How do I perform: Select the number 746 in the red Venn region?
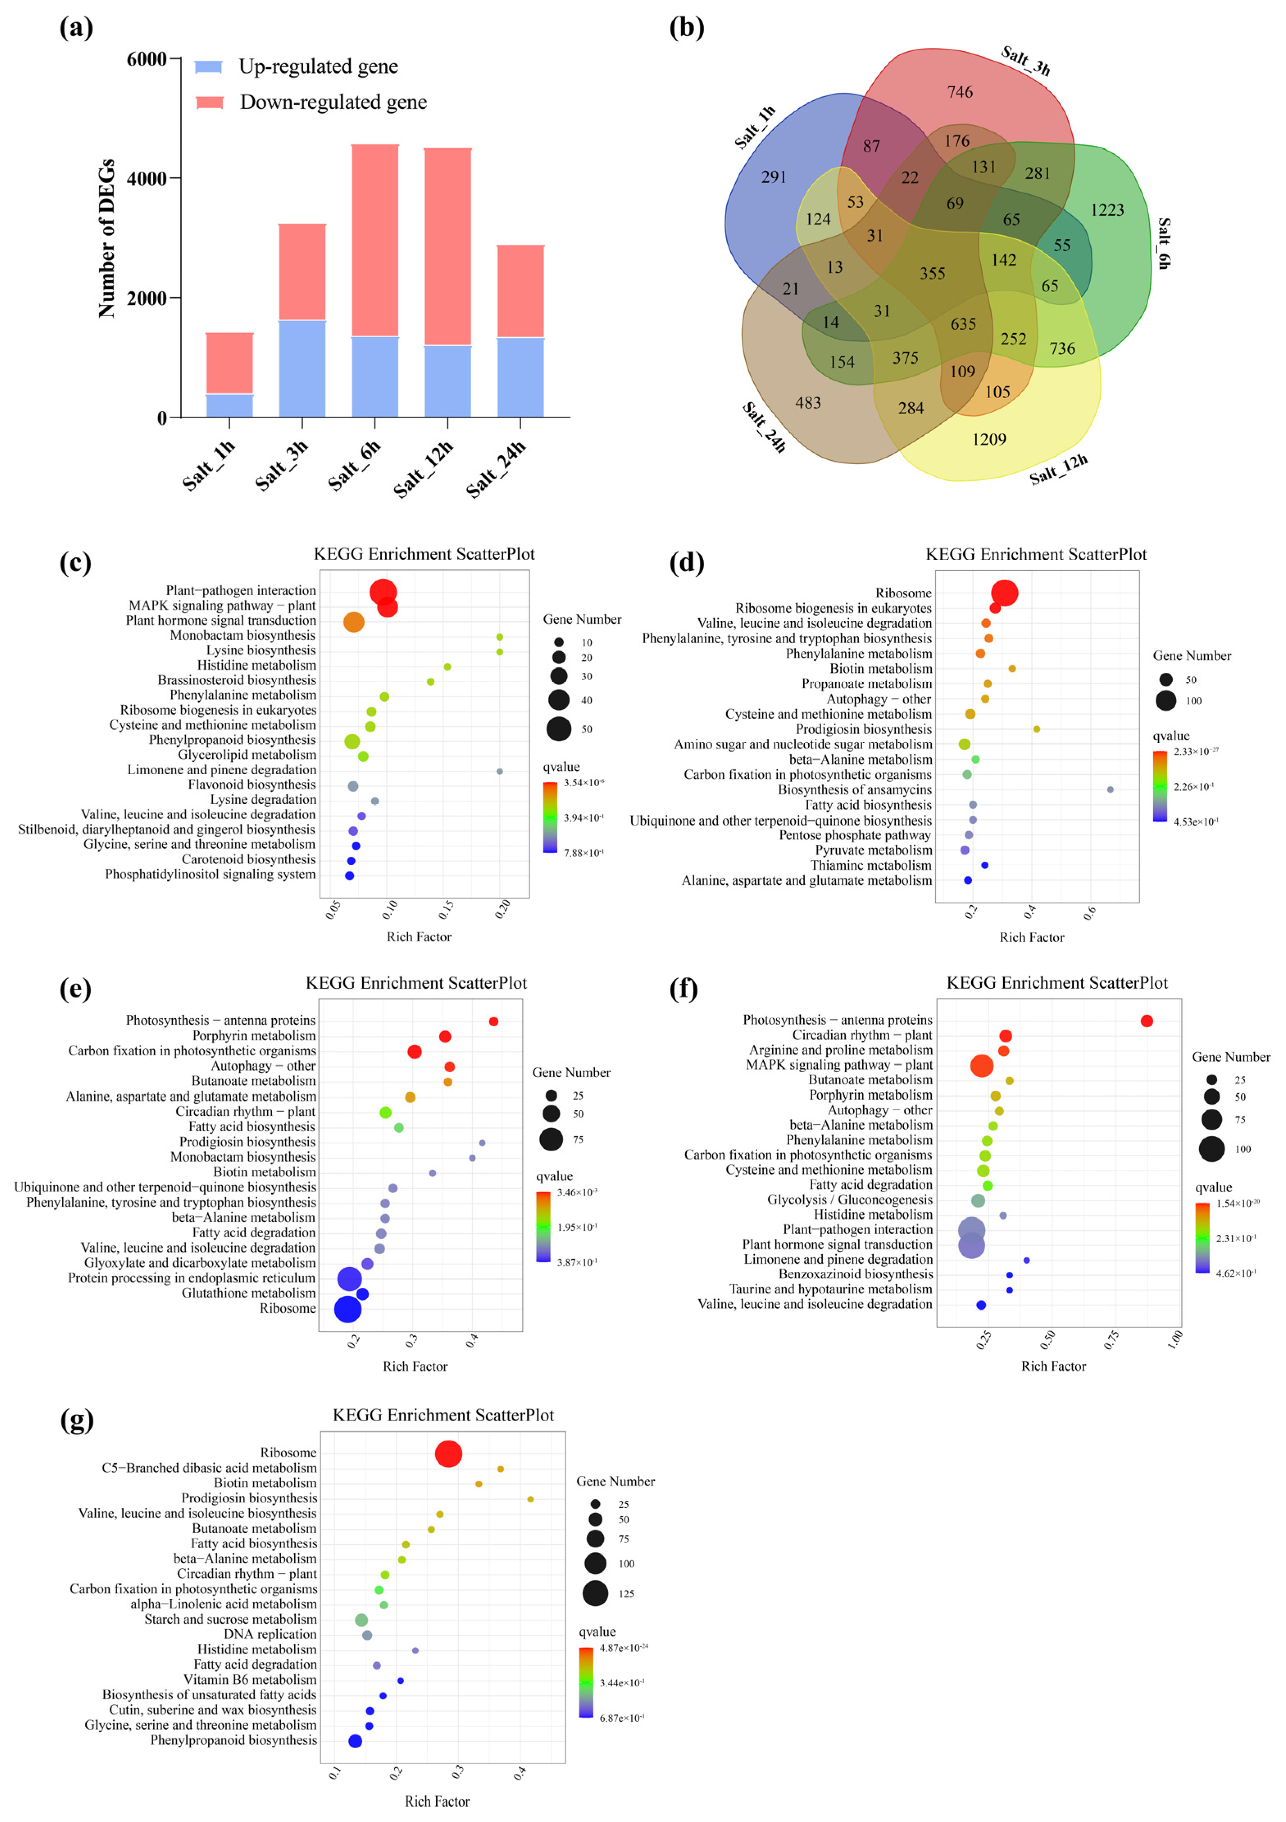pyautogui.click(x=960, y=92)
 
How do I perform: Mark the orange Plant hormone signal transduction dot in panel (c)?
pyautogui.click(x=354, y=622)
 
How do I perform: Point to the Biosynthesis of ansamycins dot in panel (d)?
pyautogui.click(x=1110, y=790)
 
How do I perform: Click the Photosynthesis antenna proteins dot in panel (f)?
pyautogui.click(x=1146, y=1021)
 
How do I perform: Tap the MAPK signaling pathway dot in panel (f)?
pyautogui.click(x=982, y=1066)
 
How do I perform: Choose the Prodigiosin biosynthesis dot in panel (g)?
pyautogui.click(x=530, y=1499)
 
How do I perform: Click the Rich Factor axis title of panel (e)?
pyautogui.click(x=415, y=1366)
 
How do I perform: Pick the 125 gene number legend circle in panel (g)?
pyautogui.click(x=595, y=1593)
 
